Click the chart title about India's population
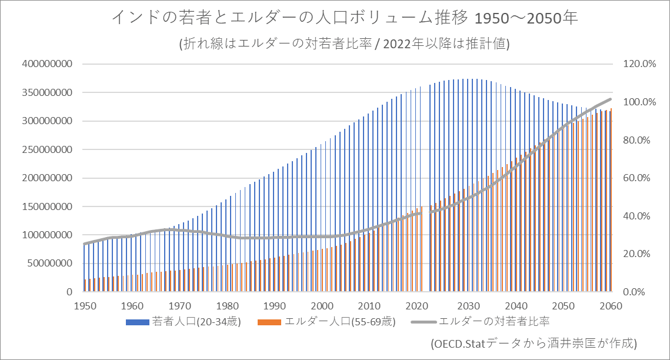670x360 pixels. click(345, 18)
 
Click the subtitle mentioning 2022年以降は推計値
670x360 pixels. click(344, 44)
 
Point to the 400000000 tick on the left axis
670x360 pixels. click(47, 64)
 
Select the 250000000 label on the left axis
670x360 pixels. click(47, 149)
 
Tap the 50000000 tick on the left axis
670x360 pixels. click(50, 264)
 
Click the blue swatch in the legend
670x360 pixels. click(138, 322)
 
